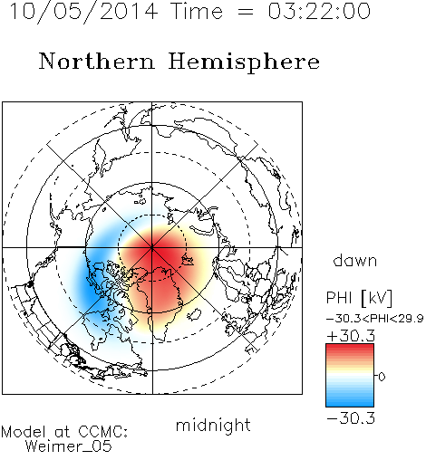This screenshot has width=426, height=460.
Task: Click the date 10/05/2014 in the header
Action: pos(83,12)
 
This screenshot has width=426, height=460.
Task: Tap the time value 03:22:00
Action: pos(319,11)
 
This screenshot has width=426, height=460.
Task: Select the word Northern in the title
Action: pos(97,62)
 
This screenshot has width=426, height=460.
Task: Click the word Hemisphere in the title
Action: pos(244,62)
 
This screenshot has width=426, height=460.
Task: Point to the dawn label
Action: pos(355,260)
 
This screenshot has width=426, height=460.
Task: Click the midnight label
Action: pos(213,426)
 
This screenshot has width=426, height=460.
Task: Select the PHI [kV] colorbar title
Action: pos(360,298)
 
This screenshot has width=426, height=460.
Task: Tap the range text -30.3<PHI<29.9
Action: pos(375,318)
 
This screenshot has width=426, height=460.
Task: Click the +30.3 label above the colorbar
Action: pos(351,336)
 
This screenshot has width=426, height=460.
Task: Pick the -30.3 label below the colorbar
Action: pos(351,418)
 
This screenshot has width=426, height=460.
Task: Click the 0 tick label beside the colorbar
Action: pos(382,377)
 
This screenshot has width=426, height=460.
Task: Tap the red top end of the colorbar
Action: pos(350,347)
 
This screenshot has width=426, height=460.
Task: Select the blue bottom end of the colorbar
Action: pos(350,404)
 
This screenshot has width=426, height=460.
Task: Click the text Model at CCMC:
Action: pos(64,432)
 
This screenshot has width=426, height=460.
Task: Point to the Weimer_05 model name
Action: pos(68,446)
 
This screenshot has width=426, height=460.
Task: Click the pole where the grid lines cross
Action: pos(152,247)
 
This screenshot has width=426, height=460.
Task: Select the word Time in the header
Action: pos(197,11)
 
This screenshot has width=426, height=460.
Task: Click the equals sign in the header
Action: pos(246,12)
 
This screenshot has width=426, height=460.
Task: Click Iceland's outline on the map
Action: pos(194,314)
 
